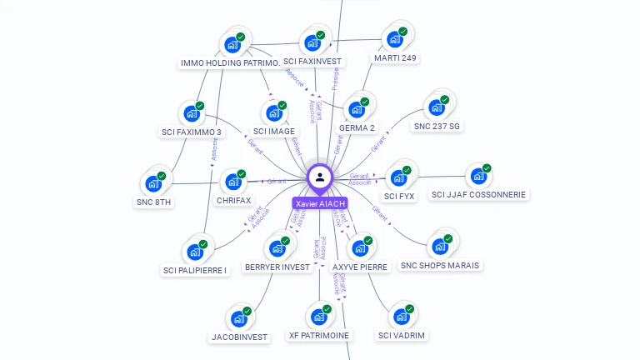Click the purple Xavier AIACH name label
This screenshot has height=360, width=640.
319,203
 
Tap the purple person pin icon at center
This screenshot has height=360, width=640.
320,177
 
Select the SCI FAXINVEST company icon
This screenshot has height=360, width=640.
313,42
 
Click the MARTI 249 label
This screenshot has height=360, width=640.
396,58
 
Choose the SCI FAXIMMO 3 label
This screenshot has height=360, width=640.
192,132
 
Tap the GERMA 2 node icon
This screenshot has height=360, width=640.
357,108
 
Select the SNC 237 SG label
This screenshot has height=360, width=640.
437,127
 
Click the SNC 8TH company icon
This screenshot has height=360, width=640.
154,183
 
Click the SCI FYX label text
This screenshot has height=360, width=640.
399,197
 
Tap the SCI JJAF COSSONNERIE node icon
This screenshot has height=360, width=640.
478,176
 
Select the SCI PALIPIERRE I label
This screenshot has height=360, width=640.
195,270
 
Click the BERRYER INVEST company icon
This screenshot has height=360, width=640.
277,247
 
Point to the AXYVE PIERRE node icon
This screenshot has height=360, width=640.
360,247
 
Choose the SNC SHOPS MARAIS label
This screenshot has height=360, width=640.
441,265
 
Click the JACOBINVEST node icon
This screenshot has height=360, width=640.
239,318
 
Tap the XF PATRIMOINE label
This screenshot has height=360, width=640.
319,335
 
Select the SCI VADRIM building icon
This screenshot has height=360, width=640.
402,317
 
